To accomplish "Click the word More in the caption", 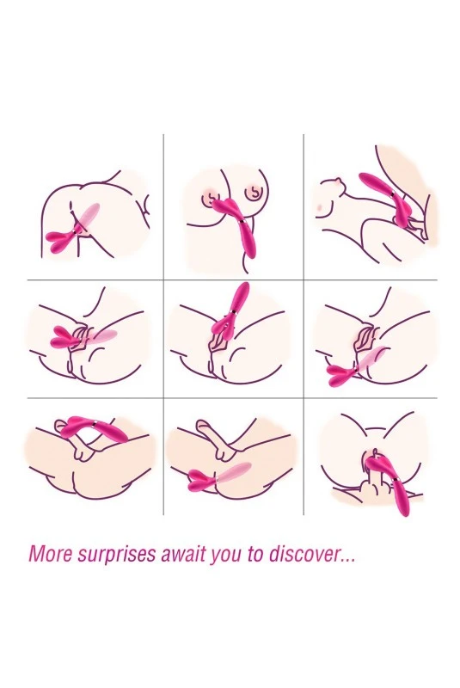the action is pyautogui.click(x=50, y=554).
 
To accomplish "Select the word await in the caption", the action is pyautogui.click(x=184, y=554).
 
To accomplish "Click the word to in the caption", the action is pyautogui.click(x=255, y=554).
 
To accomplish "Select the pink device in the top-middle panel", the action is pyautogui.click(x=236, y=228).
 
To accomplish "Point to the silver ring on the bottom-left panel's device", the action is pyautogui.click(x=95, y=423).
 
